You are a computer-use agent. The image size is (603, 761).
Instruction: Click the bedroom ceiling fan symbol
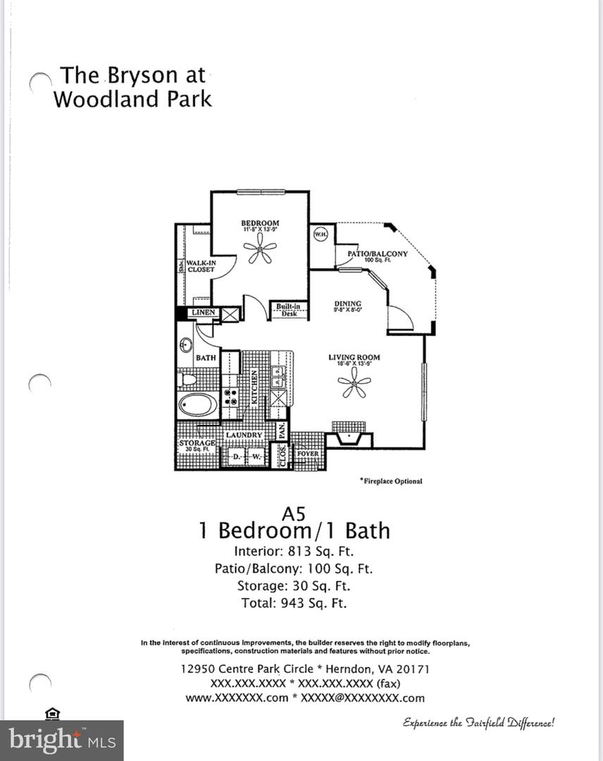(260, 249)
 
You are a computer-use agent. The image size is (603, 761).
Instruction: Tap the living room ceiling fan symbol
(354, 385)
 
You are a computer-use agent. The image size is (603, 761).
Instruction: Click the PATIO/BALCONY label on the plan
(378, 254)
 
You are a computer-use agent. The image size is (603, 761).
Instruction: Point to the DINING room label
(347, 304)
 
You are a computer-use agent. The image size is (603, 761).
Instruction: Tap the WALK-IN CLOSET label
(201, 266)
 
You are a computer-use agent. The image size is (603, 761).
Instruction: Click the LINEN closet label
(203, 312)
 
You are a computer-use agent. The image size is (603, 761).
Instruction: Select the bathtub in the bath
(198, 405)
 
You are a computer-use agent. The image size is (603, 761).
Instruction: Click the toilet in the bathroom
(188, 379)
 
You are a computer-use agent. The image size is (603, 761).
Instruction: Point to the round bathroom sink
(187, 346)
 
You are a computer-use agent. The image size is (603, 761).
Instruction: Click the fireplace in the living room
(349, 438)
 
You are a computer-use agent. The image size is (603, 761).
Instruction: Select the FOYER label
(308, 454)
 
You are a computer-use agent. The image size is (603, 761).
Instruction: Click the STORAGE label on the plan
(196, 443)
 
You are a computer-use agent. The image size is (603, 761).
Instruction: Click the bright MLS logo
(61, 740)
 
